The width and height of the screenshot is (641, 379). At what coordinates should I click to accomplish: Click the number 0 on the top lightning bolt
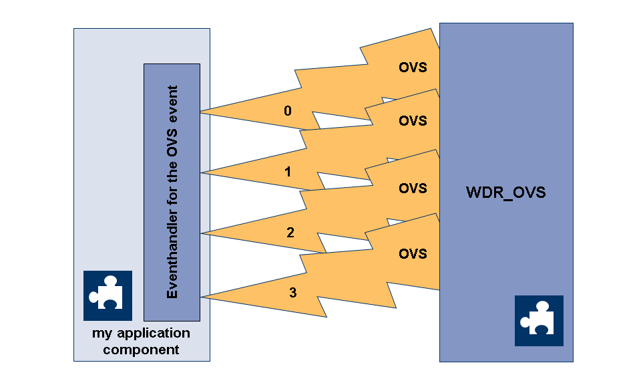click(288, 111)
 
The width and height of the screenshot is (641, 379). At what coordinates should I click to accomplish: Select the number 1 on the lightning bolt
click(288, 172)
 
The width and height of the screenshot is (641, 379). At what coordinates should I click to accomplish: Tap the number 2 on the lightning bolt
click(290, 233)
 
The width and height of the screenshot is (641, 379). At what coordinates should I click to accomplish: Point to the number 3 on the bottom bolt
click(292, 292)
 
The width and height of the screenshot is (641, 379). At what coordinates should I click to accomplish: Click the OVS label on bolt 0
click(413, 68)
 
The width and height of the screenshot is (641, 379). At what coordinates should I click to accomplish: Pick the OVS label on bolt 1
click(413, 121)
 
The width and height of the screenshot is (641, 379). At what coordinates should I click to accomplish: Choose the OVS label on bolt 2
click(413, 188)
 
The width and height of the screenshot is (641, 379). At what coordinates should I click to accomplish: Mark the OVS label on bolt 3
click(413, 254)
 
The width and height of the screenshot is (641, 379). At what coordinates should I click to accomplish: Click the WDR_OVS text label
click(505, 193)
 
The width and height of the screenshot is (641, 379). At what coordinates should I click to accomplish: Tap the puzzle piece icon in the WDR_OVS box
click(539, 320)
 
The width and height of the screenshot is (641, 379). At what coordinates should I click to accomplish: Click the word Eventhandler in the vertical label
click(172, 261)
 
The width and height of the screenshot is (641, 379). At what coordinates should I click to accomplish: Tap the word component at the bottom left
click(141, 349)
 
